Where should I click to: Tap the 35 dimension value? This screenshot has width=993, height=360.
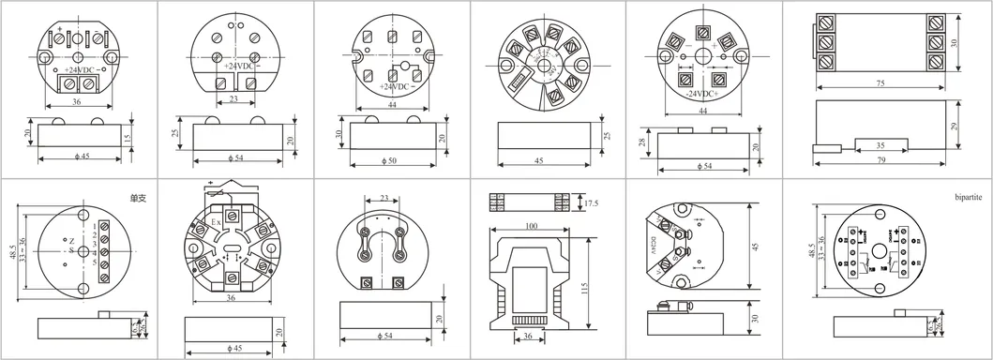pyautogui.click(x=880, y=145)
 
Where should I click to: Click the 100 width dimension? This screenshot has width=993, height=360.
pyautogui.click(x=531, y=227)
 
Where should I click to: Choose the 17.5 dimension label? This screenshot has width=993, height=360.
pyautogui.click(x=591, y=203)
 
